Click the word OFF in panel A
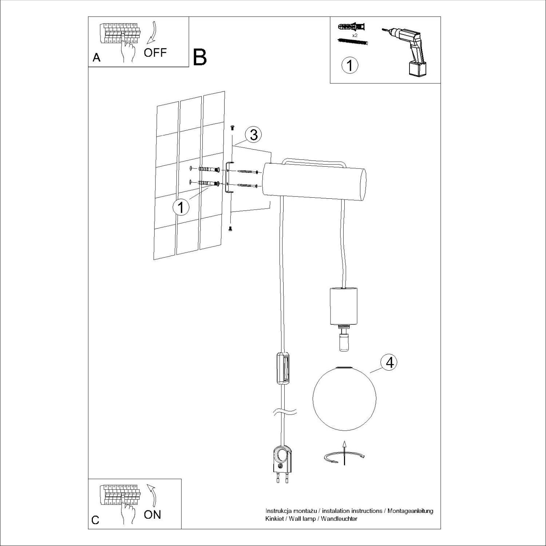point(155,52)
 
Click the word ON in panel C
point(153,514)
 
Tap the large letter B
point(200,57)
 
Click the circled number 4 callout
point(389,363)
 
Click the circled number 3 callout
point(253,135)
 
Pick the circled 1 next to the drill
point(350,66)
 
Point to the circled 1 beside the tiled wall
point(181,207)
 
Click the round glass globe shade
point(343,399)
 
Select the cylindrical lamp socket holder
point(343,306)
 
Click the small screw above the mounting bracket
point(232,127)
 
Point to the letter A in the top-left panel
point(96,58)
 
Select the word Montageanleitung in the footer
point(411,511)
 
